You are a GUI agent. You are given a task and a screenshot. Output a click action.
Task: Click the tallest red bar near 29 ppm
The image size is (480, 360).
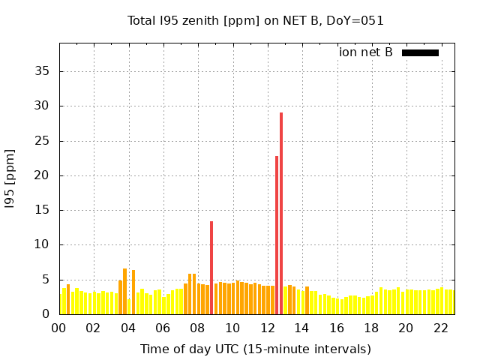pyautogui.click(x=281, y=214)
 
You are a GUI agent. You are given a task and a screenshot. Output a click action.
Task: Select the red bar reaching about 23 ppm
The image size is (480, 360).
pyautogui.click(x=277, y=235)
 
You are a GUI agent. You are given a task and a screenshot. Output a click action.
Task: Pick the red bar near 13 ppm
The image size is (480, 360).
pyautogui.click(x=211, y=268)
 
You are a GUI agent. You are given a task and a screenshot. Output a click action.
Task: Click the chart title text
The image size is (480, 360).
pyautogui.click(x=256, y=20)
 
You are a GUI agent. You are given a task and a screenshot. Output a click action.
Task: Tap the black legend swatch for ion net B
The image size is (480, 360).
pyautogui.click(x=420, y=52)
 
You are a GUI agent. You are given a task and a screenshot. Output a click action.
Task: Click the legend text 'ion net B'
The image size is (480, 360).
pyautogui.click(x=366, y=52)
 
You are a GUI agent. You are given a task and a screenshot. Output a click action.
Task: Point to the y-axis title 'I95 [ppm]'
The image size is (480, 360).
pyautogui.click(x=10, y=178)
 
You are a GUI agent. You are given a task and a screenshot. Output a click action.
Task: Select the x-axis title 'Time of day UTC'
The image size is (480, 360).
pyautogui.click(x=256, y=349)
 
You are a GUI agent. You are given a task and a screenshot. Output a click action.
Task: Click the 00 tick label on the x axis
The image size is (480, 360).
pyautogui.click(x=58, y=328)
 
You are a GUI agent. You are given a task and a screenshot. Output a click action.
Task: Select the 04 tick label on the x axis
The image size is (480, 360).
pyautogui.click(x=128, y=328)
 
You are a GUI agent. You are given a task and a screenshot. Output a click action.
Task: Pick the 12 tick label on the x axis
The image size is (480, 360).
pyautogui.click(x=267, y=328)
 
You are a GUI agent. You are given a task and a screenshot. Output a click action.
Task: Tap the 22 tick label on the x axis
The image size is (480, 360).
pyautogui.click(x=441, y=328)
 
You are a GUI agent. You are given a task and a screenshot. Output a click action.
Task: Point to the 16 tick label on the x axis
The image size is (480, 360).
pyautogui.click(x=337, y=328)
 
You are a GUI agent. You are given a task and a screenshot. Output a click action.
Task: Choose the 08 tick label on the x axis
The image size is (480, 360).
pyautogui.click(x=198, y=328)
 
